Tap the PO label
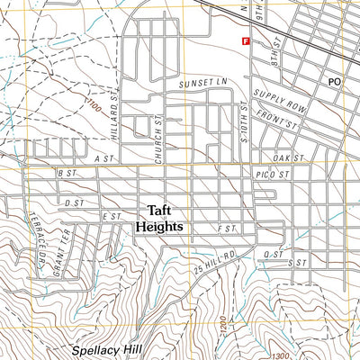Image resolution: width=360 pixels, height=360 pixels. (335, 82)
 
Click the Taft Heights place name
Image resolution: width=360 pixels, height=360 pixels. (158, 220)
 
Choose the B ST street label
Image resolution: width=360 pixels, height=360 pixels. (64, 172)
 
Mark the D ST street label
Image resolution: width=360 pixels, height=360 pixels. (73, 203)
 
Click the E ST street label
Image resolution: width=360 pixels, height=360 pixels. (112, 217)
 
